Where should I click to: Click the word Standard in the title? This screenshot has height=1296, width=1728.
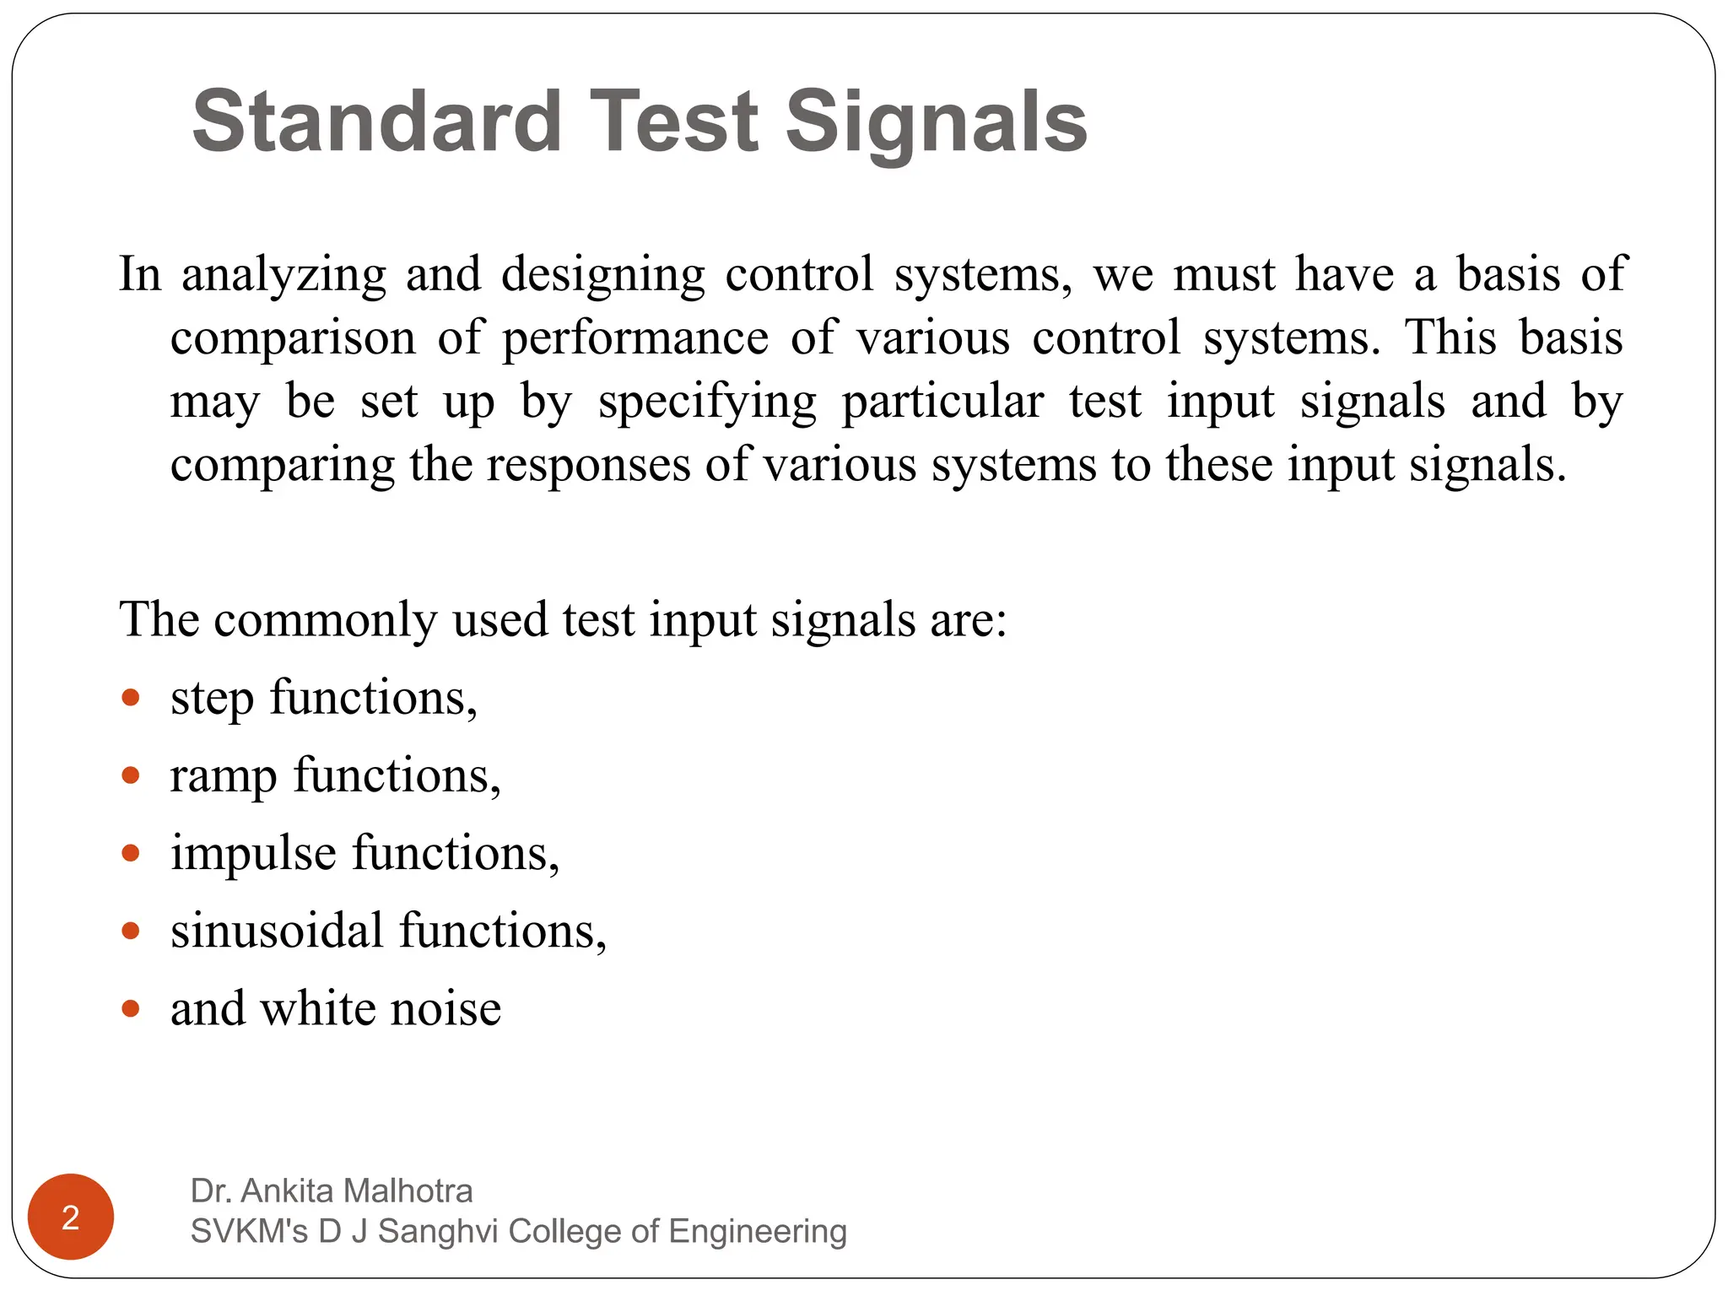click(x=376, y=122)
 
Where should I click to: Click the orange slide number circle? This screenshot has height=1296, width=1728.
click(x=71, y=1217)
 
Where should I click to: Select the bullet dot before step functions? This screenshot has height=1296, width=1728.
click(x=130, y=698)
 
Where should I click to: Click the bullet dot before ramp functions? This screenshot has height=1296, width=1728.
click(x=130, y=775)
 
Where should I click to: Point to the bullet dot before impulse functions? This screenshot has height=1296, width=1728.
click(x=130, y=853)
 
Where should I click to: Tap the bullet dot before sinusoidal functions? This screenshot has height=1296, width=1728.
click(x=130, y=931)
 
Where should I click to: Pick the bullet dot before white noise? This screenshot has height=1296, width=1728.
click(x=130, y=1008)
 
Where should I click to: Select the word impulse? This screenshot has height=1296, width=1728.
click(x=253, y=853)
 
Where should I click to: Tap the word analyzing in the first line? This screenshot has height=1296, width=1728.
click(x=283, y=275)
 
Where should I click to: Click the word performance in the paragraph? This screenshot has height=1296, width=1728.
click(x=635, y=338)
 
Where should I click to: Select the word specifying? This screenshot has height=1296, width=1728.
click(x=707, y=402)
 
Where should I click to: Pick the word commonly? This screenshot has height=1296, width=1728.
click(x=325, y=620)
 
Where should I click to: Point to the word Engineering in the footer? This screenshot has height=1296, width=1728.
click(x=758, y=1231)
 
